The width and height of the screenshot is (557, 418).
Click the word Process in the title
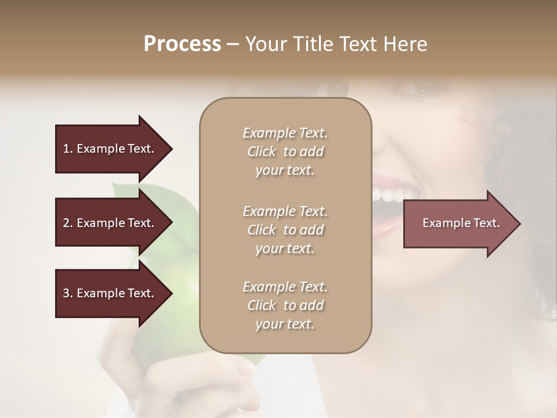182,44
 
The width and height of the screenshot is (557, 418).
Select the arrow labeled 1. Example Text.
110,149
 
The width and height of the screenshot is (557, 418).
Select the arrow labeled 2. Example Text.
110,223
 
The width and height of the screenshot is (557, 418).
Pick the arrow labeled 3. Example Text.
110,293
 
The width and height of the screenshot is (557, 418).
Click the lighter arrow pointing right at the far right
458,223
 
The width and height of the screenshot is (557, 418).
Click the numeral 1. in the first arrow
67,149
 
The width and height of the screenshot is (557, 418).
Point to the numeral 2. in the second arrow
67,223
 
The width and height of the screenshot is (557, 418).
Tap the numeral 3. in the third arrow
67,293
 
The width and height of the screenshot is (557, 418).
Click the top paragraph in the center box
285,152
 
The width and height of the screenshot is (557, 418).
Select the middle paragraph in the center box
285,230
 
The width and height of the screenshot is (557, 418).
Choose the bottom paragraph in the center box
285,305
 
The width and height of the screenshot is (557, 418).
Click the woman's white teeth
385,194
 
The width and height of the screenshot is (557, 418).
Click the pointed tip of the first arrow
171,149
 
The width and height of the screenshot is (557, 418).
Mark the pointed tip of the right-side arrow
519,224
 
